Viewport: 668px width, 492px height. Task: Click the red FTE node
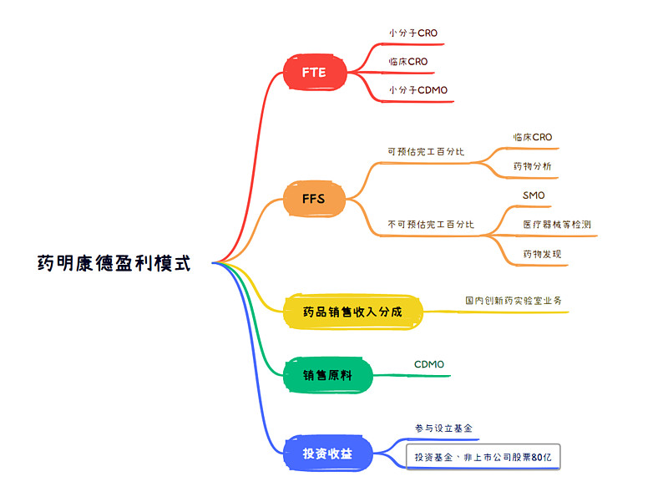(314, 73)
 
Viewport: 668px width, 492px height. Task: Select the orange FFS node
(313, 200)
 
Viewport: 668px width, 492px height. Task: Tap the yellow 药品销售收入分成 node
(352, 312)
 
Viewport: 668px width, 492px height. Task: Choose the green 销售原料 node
(326, 376)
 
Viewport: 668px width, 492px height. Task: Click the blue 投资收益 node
(326, 454)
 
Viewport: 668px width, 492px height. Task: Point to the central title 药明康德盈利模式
(114, 264)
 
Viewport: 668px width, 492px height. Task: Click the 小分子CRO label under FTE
(412, 33)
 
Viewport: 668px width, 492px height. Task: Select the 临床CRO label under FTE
(407, 61)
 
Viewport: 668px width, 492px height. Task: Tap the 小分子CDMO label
(417, 89)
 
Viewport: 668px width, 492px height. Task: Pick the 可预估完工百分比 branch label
(426, 152)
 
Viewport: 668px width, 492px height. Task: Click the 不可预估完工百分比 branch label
(431, 225)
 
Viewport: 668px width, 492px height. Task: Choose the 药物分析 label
(532, 166)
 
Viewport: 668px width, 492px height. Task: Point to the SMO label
(534, 195)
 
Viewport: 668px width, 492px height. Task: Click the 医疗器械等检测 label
(557, 224)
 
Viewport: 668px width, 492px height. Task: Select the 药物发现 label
(542, 254)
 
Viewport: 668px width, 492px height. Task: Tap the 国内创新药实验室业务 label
(518, 300)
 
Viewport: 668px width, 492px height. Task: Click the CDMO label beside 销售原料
(429, 364)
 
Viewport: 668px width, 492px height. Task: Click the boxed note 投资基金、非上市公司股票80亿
(483, 457)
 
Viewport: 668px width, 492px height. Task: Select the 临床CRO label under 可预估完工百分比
(532, 137)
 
